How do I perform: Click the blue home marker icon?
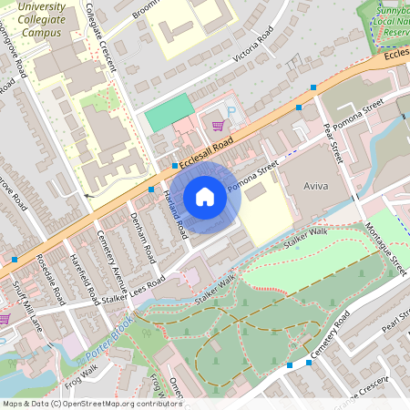(204, 197)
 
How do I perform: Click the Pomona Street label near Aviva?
(253, 178)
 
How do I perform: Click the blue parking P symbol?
(231, 112)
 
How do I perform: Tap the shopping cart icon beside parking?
(218, 126)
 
